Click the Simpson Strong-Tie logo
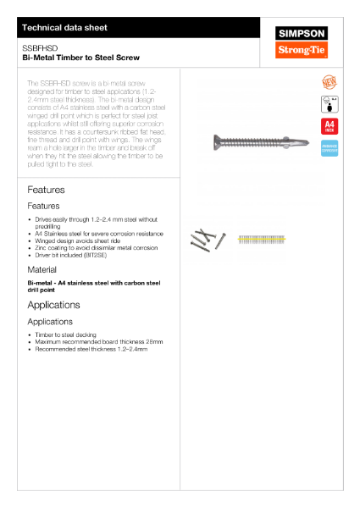(302, 42)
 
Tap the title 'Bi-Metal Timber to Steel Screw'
(81, 58)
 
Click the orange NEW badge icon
(329, 82)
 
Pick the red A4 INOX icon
(329, 127)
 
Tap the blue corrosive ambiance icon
(329, 148)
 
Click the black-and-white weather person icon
(329, 104)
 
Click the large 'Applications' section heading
(53, 305)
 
